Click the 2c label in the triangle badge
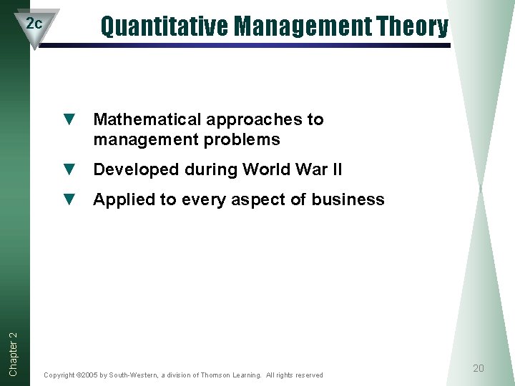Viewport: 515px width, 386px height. pos(34,23)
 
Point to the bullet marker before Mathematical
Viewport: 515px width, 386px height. pos(69,119)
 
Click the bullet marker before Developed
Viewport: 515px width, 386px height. pos(69,169)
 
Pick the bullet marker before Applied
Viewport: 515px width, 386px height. pos(69,199)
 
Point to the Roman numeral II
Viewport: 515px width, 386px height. pos(335,169)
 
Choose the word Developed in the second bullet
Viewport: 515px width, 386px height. pos(135,169)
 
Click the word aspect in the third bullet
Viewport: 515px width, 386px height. pos(262,200)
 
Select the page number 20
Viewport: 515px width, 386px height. pos(479,368)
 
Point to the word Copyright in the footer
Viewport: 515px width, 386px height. pos(59,375)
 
